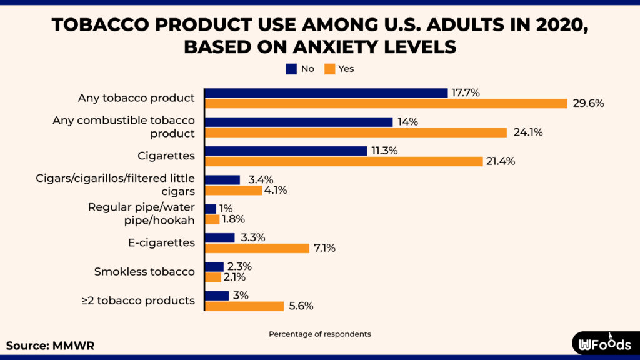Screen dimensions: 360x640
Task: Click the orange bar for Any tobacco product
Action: tap(386, 103)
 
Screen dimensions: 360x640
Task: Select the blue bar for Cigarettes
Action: tap(286, 151)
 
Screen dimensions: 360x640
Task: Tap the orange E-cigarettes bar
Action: tap(257, 248)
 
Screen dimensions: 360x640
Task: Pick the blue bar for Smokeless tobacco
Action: tap(214, 267)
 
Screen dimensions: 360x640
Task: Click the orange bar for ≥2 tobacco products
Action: tap(244, 306)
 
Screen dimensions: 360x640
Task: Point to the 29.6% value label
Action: tap(588, 103)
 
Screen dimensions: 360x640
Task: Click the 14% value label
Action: tap(407, 122)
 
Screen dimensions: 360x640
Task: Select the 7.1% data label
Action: tap(324, 248)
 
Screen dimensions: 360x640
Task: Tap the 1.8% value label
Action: tap(232, 219)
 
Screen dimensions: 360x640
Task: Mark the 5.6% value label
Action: tap(301, 306)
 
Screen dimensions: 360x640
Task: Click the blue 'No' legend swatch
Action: tap(291, 69)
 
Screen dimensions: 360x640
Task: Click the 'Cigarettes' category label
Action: tap(166, 156)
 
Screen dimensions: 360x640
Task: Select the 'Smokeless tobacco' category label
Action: tap(144, 272)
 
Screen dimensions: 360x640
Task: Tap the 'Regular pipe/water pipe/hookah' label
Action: tap(141, 214)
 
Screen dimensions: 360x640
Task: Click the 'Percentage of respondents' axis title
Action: tap(319, 334)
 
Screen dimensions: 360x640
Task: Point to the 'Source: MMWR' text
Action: tap(50, 346)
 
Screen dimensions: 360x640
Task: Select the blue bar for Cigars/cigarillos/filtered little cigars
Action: tap(222, 180)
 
